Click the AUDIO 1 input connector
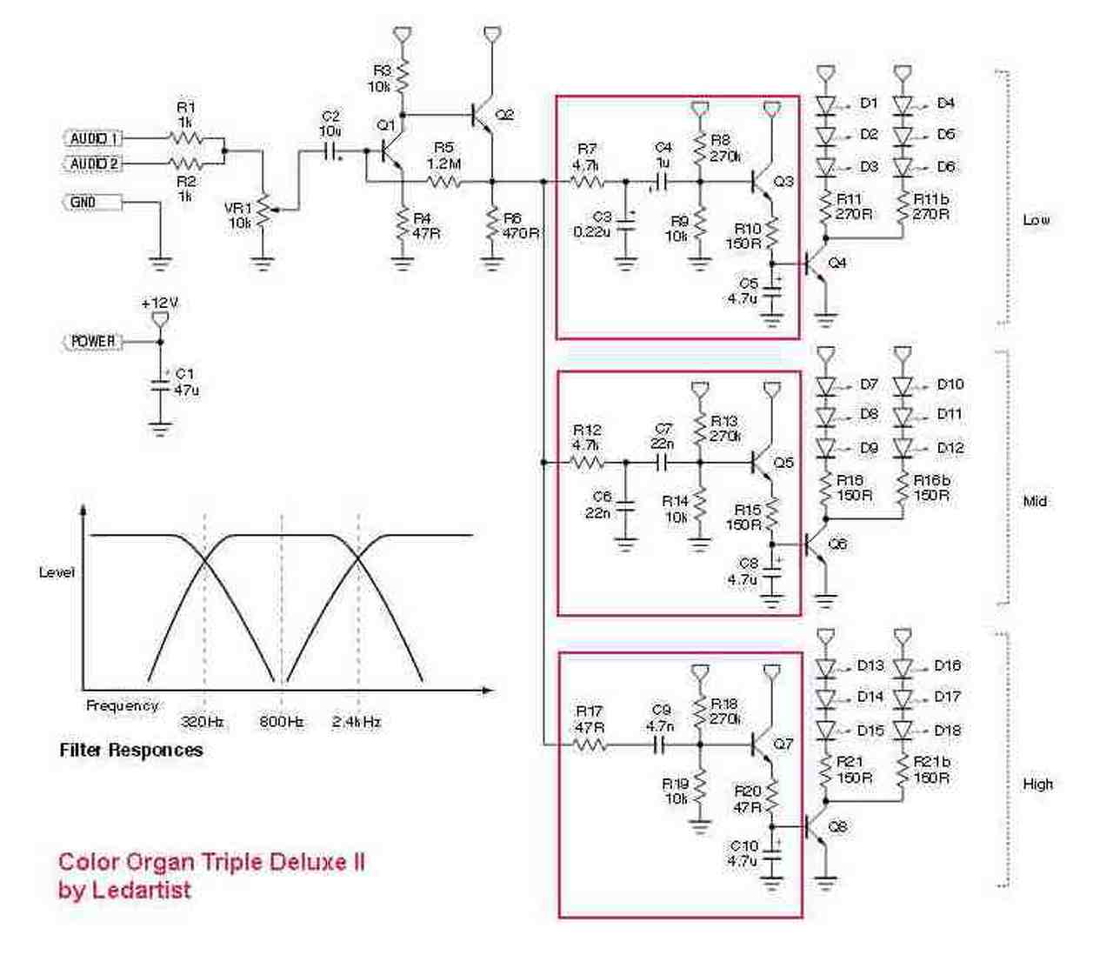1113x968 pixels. click(94, 138)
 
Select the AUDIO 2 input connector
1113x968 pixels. click(94, 164)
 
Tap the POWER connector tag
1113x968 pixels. click(91, 342)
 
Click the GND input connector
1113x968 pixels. click(90, 203)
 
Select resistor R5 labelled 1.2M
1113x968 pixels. click(443, 182)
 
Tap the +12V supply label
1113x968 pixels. click(159, 304)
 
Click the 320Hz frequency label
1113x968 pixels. click(203, 721)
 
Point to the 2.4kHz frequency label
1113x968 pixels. click(357, 721)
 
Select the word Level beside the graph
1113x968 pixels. click(57, 572)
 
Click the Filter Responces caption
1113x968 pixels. click(131, 750)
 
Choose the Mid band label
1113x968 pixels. click(1035, 501)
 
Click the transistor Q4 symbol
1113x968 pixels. click(817, 263)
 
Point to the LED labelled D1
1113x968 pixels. click(826, 104)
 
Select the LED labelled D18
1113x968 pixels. click(903, 730)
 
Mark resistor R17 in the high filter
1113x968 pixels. click(589, 745)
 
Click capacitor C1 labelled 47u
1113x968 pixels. click(159, 384)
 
